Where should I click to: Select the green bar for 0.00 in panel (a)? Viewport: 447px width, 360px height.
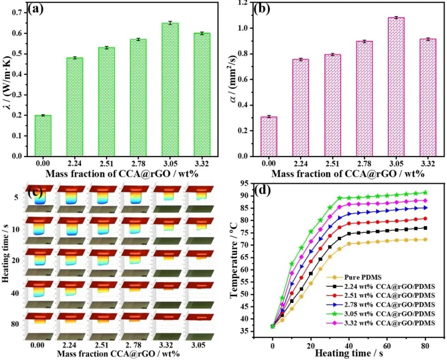[x=43, y=136]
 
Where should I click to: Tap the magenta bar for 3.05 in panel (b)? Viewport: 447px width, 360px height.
[x=396, y=87]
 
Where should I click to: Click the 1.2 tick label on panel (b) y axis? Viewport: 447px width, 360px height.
[x=243, y=3]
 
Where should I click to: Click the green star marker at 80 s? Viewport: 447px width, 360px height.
[x=425, y=192]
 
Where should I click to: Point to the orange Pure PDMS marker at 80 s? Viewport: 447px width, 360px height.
[x=425, y=240]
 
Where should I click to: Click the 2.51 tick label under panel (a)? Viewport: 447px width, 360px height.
[x=106, y=163]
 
